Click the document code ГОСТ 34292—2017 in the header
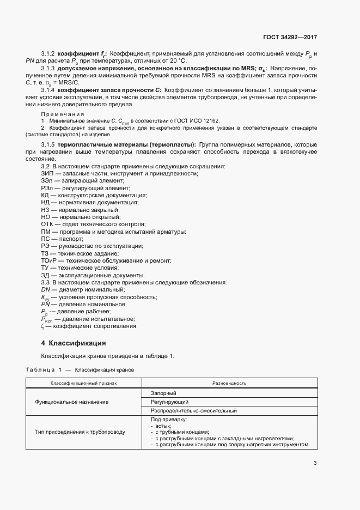290,38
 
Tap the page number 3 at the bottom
315,464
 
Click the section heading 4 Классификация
74,343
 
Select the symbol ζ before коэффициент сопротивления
42,326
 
